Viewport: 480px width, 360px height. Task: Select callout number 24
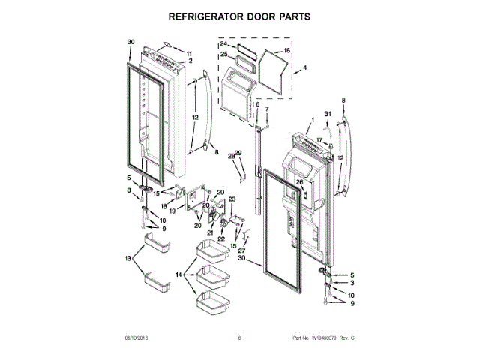click(x=223, y=45)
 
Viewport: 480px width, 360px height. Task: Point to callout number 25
click(x=223, y=54)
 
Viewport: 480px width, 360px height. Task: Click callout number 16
click(x=286, y=52)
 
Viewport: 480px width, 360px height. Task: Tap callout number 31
click(x=327, y=114)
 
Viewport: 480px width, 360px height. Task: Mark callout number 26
click(x=298, y=182)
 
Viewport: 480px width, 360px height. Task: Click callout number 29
click(x=239, y=153)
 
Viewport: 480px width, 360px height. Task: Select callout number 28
click(x=232, y=156)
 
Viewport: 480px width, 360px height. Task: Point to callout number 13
click(x=129, y=258)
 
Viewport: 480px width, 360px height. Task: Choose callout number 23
click(x=232, y=199)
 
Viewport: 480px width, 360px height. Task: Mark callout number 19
click(x=172, y=211)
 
